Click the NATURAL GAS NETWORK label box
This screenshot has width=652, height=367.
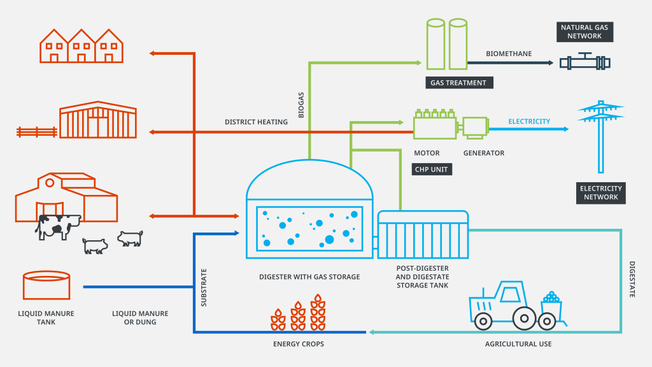[585, 32]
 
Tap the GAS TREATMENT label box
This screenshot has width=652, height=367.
[458, 83]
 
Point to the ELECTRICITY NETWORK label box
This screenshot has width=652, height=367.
[600, 193]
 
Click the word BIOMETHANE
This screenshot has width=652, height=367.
[508, 54]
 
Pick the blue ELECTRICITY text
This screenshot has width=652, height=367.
[529, 121]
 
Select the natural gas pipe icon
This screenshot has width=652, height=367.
[585, 62]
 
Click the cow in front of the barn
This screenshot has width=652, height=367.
[57, 226]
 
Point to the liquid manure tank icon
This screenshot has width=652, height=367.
[46, 285]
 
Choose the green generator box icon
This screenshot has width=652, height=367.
[475, 127]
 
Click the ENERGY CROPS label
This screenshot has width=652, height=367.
[298, 344]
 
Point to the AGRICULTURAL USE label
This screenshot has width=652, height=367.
[518, 344]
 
